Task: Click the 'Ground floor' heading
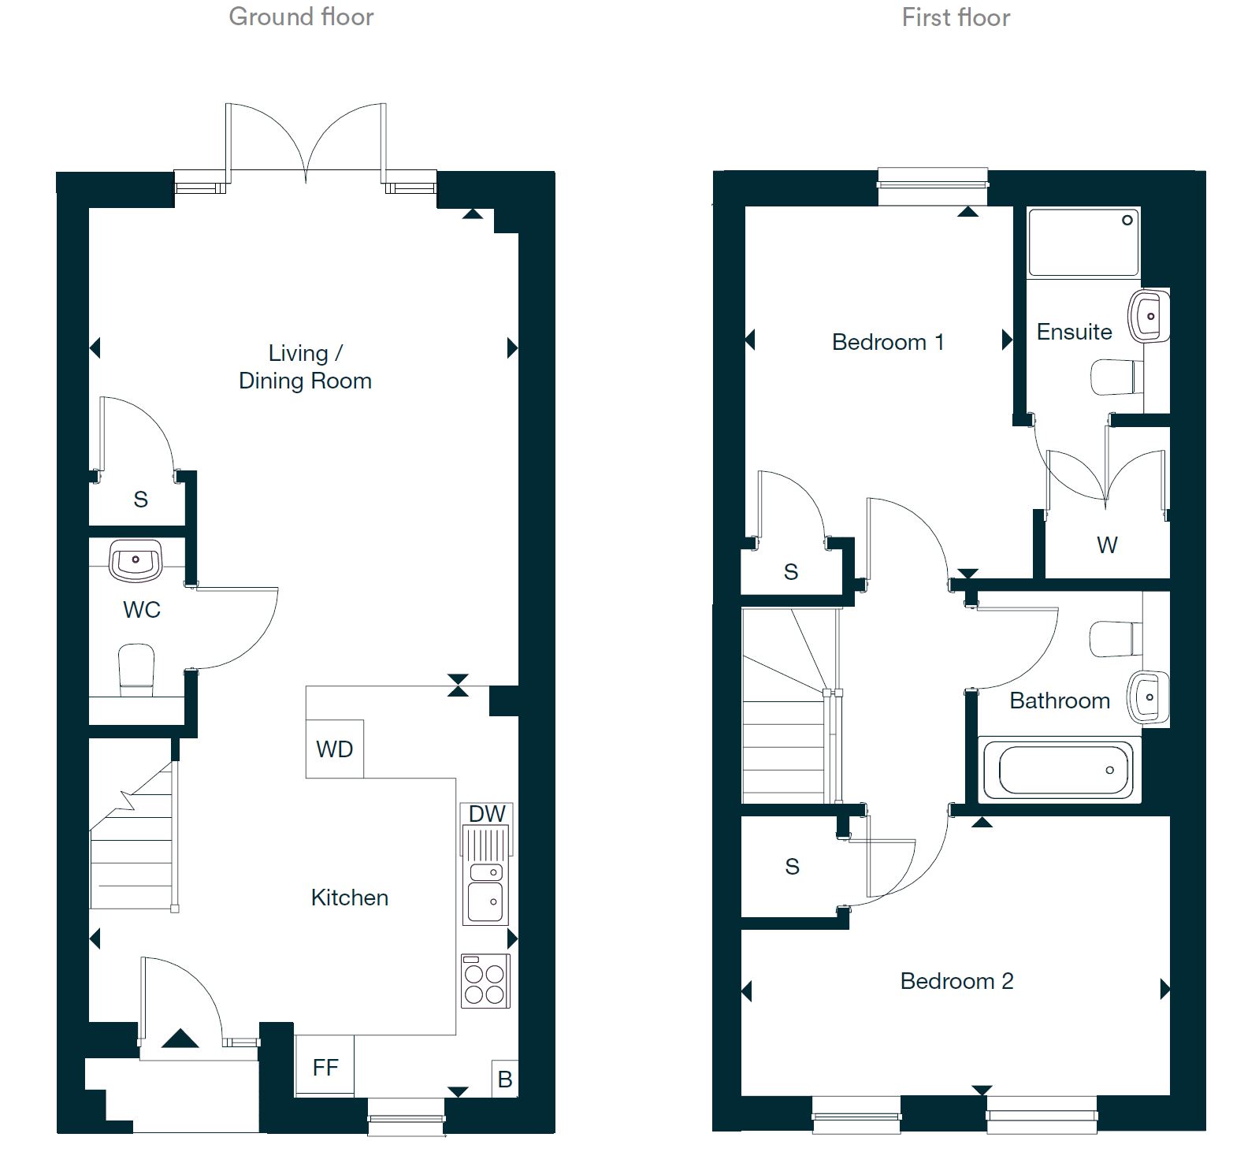[301, 17]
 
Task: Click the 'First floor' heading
[956, 17]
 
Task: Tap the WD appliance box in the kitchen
[335, 749]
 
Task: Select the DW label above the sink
[487, 814]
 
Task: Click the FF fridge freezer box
[325, 1067]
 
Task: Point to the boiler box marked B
[505, 1079]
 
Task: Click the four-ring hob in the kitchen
[485, 982]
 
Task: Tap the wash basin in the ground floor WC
[136, 560]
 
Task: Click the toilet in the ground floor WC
[136, 670]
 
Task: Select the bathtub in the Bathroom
[1060, 770]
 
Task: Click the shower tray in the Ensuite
[1083, 242]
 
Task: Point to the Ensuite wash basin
[1149, 316]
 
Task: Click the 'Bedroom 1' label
[888, 342]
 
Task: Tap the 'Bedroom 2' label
[956, 981]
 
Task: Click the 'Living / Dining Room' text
[305, 366]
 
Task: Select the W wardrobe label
[1107, 544]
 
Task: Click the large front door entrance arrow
[180, 1039]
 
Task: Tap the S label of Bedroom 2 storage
[793, 867]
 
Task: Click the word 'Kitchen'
[349, 897]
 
